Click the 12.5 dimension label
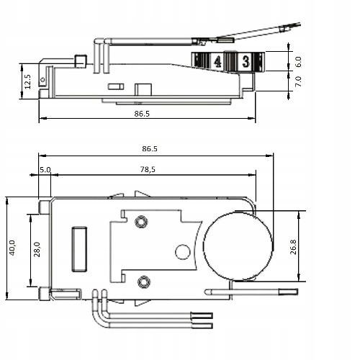tap(28, 81)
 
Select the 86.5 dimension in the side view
tap(142, 114)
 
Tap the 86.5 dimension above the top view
tap(150, 148)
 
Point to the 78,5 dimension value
tap(148, 169)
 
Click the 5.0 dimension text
tap(45, 170)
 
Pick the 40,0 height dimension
tap(12, 248)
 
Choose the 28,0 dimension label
tap(37, 249)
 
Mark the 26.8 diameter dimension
tap(293, 247)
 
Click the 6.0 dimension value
tap(298, 62)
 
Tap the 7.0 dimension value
tap(298, 81)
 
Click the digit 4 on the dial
tap(217, 62)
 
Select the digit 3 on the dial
tap(246, 61)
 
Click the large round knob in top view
tap(238, 246)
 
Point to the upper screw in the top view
tap(141, 222)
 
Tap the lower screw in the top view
tap(144, 282)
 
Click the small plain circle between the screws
tap(183, 252)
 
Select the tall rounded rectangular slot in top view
tap(79, 249)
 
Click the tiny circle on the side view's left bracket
tap(42, 79)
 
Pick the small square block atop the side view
tap(81, 61)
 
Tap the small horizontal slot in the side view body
tap(116, 86)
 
